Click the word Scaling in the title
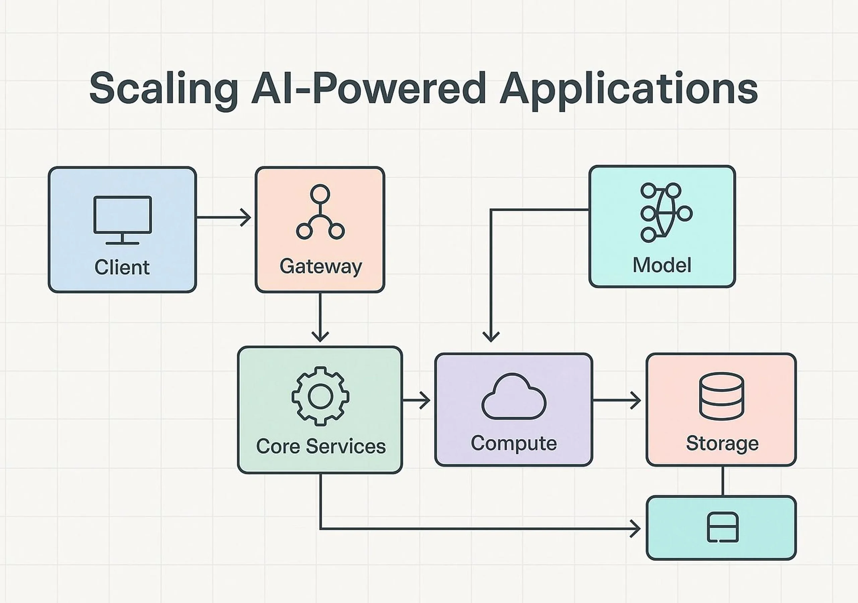pyautogui.click(x=163, y=89)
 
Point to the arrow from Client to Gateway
pyautogui.click(x=224, y=217)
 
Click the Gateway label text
pyautogui.click(x=321, y=266)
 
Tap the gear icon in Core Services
pyautogui.click(x=320, y=396)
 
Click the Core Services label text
pyautogui.click(x=321, y=446)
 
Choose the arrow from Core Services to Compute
pyautogui.click(x=416, y=401)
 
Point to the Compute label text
pyautogui.click(x=514, y=443)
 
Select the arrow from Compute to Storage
pyautogui.click(x=617, y=401)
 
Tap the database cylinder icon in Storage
pyautogui.click(x=722, y=396)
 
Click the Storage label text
pyautogui.click(x=722, y=443)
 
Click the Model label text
pyautogui.click(x=662, y=265)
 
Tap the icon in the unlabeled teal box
pyautogui.click(x=722, y=528)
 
